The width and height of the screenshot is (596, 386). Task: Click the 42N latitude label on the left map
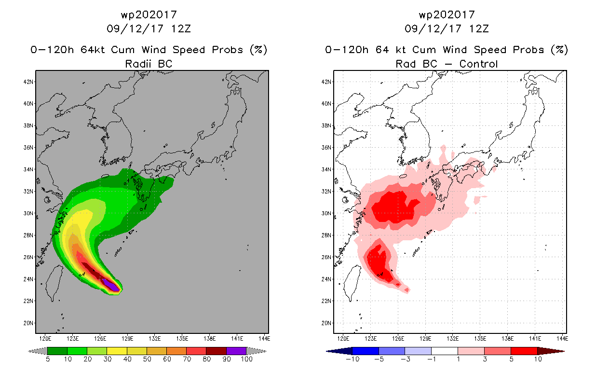[x=28, y=82]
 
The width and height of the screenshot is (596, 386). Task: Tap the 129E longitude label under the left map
[x=127, y=339]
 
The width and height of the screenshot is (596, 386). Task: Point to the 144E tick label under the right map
[x=562, y=339]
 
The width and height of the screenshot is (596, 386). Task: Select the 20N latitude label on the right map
[x=326, y=323]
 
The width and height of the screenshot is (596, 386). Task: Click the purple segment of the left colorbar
[x=236, y=351]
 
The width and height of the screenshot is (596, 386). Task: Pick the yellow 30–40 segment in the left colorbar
[x=117, y=351]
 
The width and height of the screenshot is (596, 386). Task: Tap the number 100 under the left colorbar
[x=247, y=359]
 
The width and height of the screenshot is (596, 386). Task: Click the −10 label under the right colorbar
[x=352, y=359]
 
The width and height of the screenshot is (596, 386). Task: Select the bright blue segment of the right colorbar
[x=366, y=351]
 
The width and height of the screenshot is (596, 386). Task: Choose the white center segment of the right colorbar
[x=445, y=351]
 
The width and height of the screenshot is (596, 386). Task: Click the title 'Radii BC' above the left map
[x=149, y=64]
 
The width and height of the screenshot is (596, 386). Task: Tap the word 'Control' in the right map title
[x=478, y=64]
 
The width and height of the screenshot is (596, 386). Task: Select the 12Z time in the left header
[x=181, y=29]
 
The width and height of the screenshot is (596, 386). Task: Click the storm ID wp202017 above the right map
[x=447, y=15]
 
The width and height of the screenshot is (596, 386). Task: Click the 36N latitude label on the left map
[x=28, y=148]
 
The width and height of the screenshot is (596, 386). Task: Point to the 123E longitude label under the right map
[x=370, y=339]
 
